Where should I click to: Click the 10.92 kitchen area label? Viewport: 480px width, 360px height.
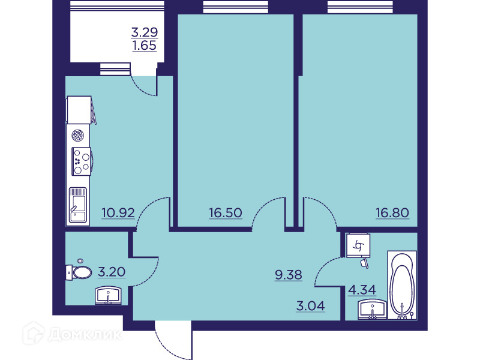pyautogui.click(x=118, y=212)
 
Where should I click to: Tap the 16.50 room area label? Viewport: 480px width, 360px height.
pyautogui.click(x=226, y=212)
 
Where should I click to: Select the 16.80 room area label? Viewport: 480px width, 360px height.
pyautogui.click(x=392, y=212)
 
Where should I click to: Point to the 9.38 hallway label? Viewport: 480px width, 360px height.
pyautogui.click(x=289, y=275)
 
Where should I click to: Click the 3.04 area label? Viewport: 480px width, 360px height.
pyautogui.click(x=310, y=305)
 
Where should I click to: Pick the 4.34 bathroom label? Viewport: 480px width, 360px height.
pyautogui.click(x=362, y=289)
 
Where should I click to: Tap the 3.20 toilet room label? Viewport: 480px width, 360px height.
pyautogui.click(x=112, y=272)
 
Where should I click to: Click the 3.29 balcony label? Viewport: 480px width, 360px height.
pyautogui.click(x=145, y=32)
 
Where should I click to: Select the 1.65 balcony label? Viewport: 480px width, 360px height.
pyautogui.click(x=145, y=46)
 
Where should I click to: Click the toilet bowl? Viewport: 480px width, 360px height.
pyautogui.click(x=79, y=272)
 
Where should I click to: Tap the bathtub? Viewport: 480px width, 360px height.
pyautogui.click(x=402, y=285)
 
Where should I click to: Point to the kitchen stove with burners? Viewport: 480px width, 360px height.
pyautogui.click(x=82, y=161)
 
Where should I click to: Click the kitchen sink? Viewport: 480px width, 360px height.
pyautogui.click(x=78, y=205)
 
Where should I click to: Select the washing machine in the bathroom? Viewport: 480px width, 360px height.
pyautogui.click(x=358, y=245)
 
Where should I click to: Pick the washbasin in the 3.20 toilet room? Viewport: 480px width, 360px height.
pyautogui.click(x=108, y=295)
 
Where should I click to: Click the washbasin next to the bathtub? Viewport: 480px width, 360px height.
pyautogui.click(x=372, y=309)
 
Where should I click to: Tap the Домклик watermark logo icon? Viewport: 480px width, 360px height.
pyautogui.click(x=34, y=333)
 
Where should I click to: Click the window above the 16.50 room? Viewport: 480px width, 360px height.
pyautogui.click(x=235, y=7)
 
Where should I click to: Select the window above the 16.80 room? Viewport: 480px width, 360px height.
pyautogui.click(x=360, y=7)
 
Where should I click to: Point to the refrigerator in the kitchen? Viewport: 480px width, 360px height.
pyautogui.click(x=79, y=110)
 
